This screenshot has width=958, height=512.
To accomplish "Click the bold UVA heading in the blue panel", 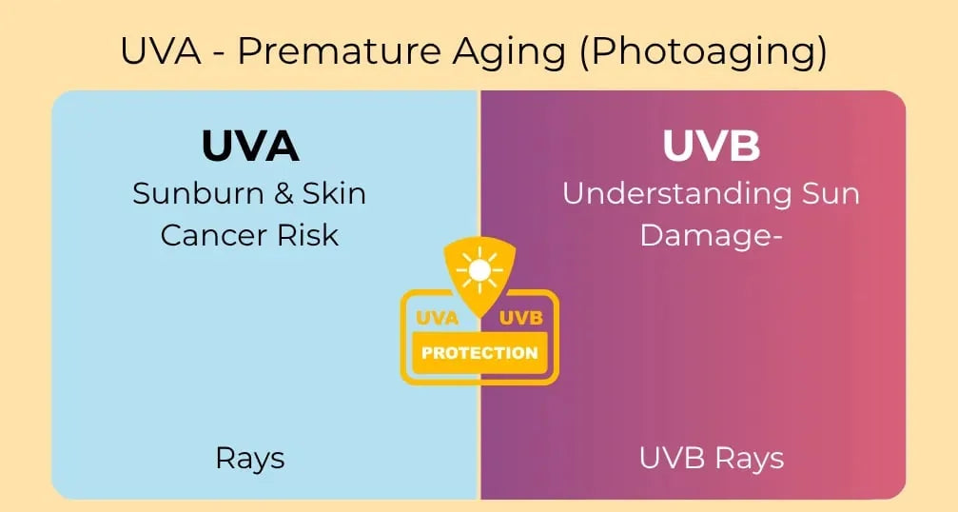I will tap(250, 146).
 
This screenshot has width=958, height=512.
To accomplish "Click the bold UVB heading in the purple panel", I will tap(711, 146).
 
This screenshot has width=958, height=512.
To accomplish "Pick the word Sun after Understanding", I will tap(826, 193).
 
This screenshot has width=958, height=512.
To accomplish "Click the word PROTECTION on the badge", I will tap(479, 353).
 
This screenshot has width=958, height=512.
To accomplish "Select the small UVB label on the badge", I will tap(519, 318).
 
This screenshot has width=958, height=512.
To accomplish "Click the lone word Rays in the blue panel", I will tap(250, 458).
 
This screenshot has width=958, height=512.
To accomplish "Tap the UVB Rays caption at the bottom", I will tap(712, 458).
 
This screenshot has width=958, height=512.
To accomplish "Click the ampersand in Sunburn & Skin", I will tap(283, 193).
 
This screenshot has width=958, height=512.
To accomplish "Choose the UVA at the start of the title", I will tap(159, 50).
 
